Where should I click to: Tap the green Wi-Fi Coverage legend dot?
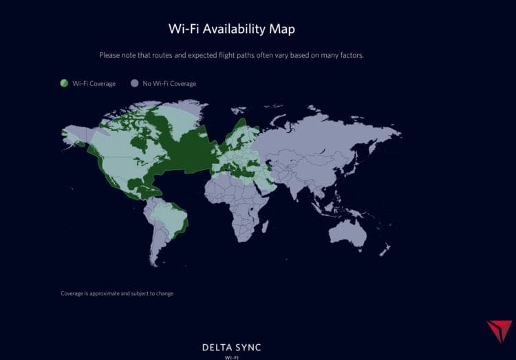pos(64,83)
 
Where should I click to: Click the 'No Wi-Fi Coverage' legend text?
pos(169,84)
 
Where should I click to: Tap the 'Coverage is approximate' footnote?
pos(117,293)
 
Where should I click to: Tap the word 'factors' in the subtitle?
pos(351,55)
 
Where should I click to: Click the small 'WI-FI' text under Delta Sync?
pos(231,357)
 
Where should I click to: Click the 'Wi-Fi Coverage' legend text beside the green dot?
pos(93,84)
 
